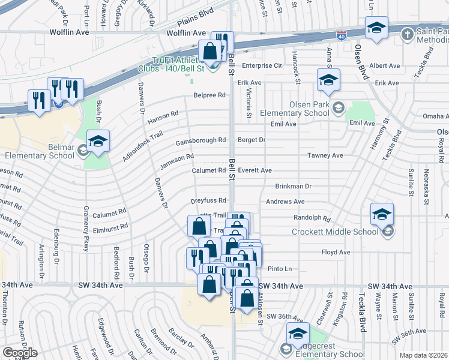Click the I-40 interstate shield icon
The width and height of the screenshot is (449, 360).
tap(340, 37)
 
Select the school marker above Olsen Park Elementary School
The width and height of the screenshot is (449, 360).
tap(328, 82)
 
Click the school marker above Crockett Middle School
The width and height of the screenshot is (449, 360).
tap(382, 215)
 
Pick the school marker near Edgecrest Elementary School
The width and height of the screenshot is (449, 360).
tap(298, 335)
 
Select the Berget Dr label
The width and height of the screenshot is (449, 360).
tap(252, 140)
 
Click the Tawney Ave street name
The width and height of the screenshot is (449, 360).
tap(325, 155)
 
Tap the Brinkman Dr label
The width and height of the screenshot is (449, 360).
tap(294, 187)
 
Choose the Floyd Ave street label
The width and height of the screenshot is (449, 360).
tap(336, 253)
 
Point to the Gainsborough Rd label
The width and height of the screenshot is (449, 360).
tap(200, 142)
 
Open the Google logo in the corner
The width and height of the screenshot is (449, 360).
tap(20, 353)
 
